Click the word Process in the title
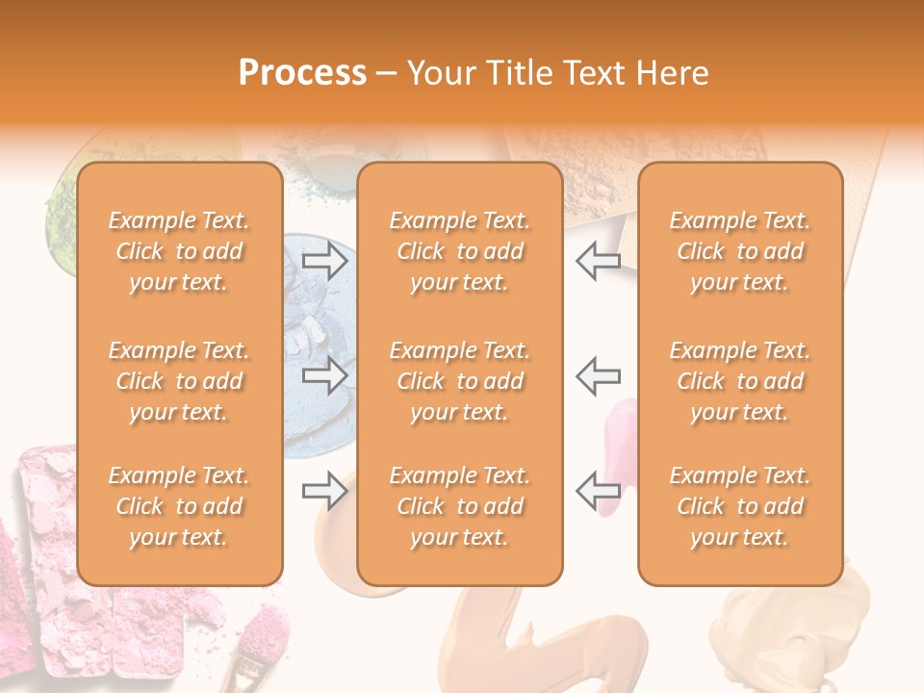coord(302,73)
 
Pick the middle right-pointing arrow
coord(324,375)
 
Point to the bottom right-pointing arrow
coord(324,491)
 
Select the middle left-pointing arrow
coord(598,375)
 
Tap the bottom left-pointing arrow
coord(598,491)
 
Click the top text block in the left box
coord(179,251)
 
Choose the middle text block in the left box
coord(179,381)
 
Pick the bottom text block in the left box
coord(179,506)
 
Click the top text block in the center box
coord(459,251)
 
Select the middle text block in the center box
coord(459,381)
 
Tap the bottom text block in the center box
coord(459,506)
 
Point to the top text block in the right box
coord(739,251)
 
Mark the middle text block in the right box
coord(739,381)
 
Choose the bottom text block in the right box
coord(739,506)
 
